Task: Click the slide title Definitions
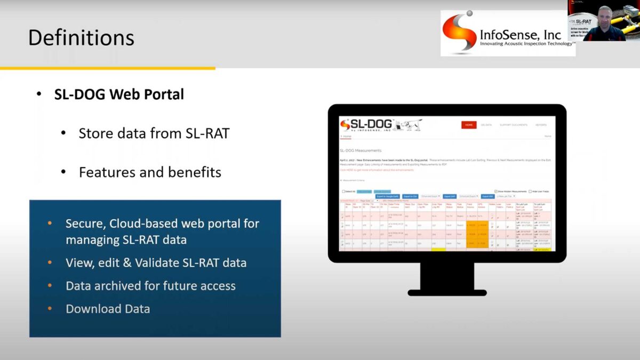coord(81,38)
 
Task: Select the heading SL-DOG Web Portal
coord(119,94)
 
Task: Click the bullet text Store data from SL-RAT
coord(154,133)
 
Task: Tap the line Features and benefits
coord(150,172)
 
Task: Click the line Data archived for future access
coord(150,286)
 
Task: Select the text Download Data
coord(108,309)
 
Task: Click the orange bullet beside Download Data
coord(50,309)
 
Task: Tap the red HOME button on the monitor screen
coord(469,125)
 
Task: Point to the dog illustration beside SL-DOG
coord(409,125)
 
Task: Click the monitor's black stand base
coord(447,292)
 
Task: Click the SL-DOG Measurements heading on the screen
coord(361,151)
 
